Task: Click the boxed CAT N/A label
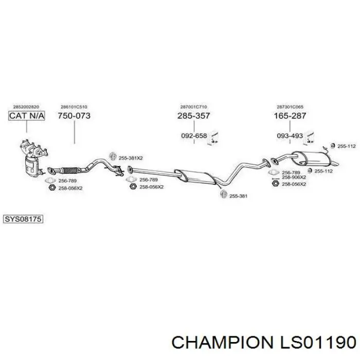pyautogui.click(x=27, y=116)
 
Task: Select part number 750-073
pyautogui.click(x=74, y=116)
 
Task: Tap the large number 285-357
pyautogui.click(x=193, y=116)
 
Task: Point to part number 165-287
pyautogui.click(x=290, y=116)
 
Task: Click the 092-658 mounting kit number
pyautogui.click(x=194, y=136)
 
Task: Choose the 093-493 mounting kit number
pyautogui.click(x=290, y=136)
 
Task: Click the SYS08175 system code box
pyautogui.click(x=23, y=219)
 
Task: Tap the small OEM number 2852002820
pyautogui.click(x=26, y=107)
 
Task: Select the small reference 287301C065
pyautogui.click(x=290, y=107)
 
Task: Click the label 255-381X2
pyautogui.click(x=131, y=158)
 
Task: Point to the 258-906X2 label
pyautogui.click(x=294, y=177)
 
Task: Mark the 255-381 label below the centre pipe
pyautogui.click(x=238, y=196)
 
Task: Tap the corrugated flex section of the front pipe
pyautogui.click(x=70, y=170)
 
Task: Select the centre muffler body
pyautogui.click(x=195, y=177)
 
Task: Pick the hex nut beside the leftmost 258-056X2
pyautogui.click(x=52, y=188)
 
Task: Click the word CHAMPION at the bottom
pyautogui.click(x=222, y=343)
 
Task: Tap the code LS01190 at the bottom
pyautogui.click(x=317, y=343)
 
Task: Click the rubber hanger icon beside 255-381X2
pyautogui.click(x=113, y=156)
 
